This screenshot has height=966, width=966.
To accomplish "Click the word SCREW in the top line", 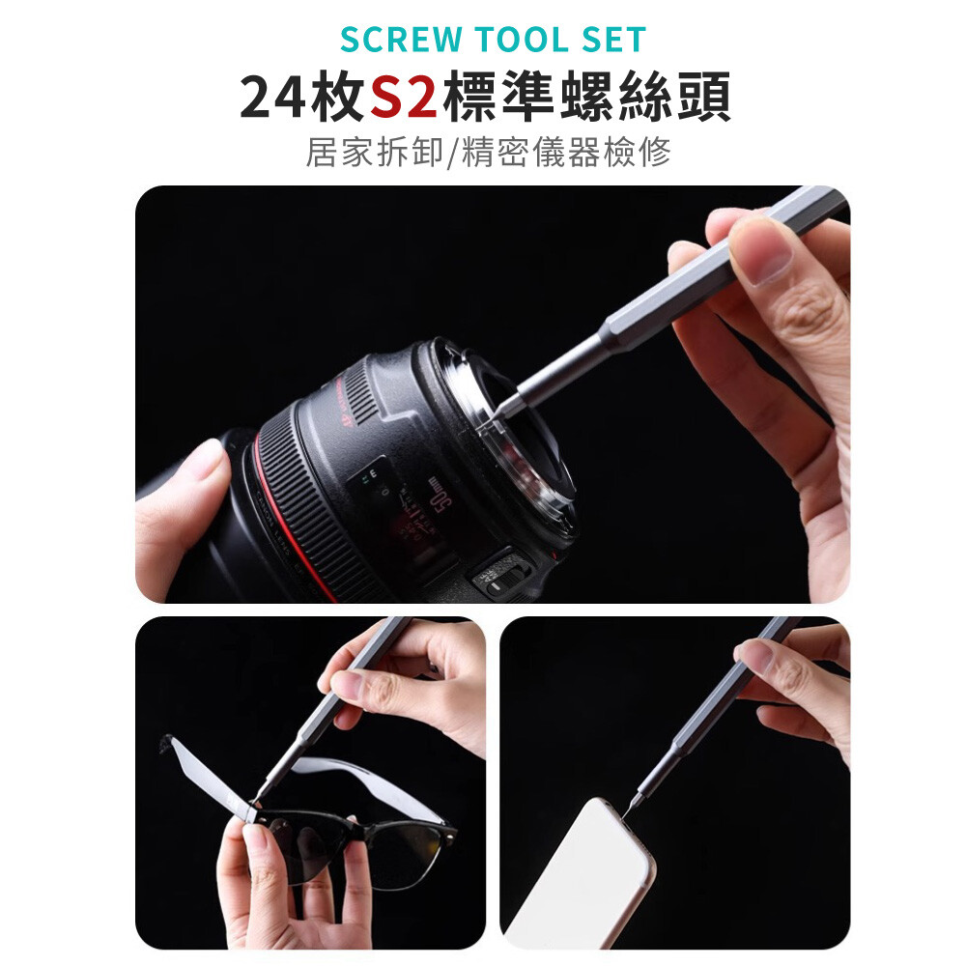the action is (401, 40).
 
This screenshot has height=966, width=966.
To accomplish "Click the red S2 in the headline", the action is (404, 97).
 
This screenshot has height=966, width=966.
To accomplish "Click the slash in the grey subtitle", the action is (452, 153).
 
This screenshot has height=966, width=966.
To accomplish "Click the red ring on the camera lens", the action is (290, 524).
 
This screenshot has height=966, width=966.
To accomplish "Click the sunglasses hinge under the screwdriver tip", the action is (251, 809).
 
